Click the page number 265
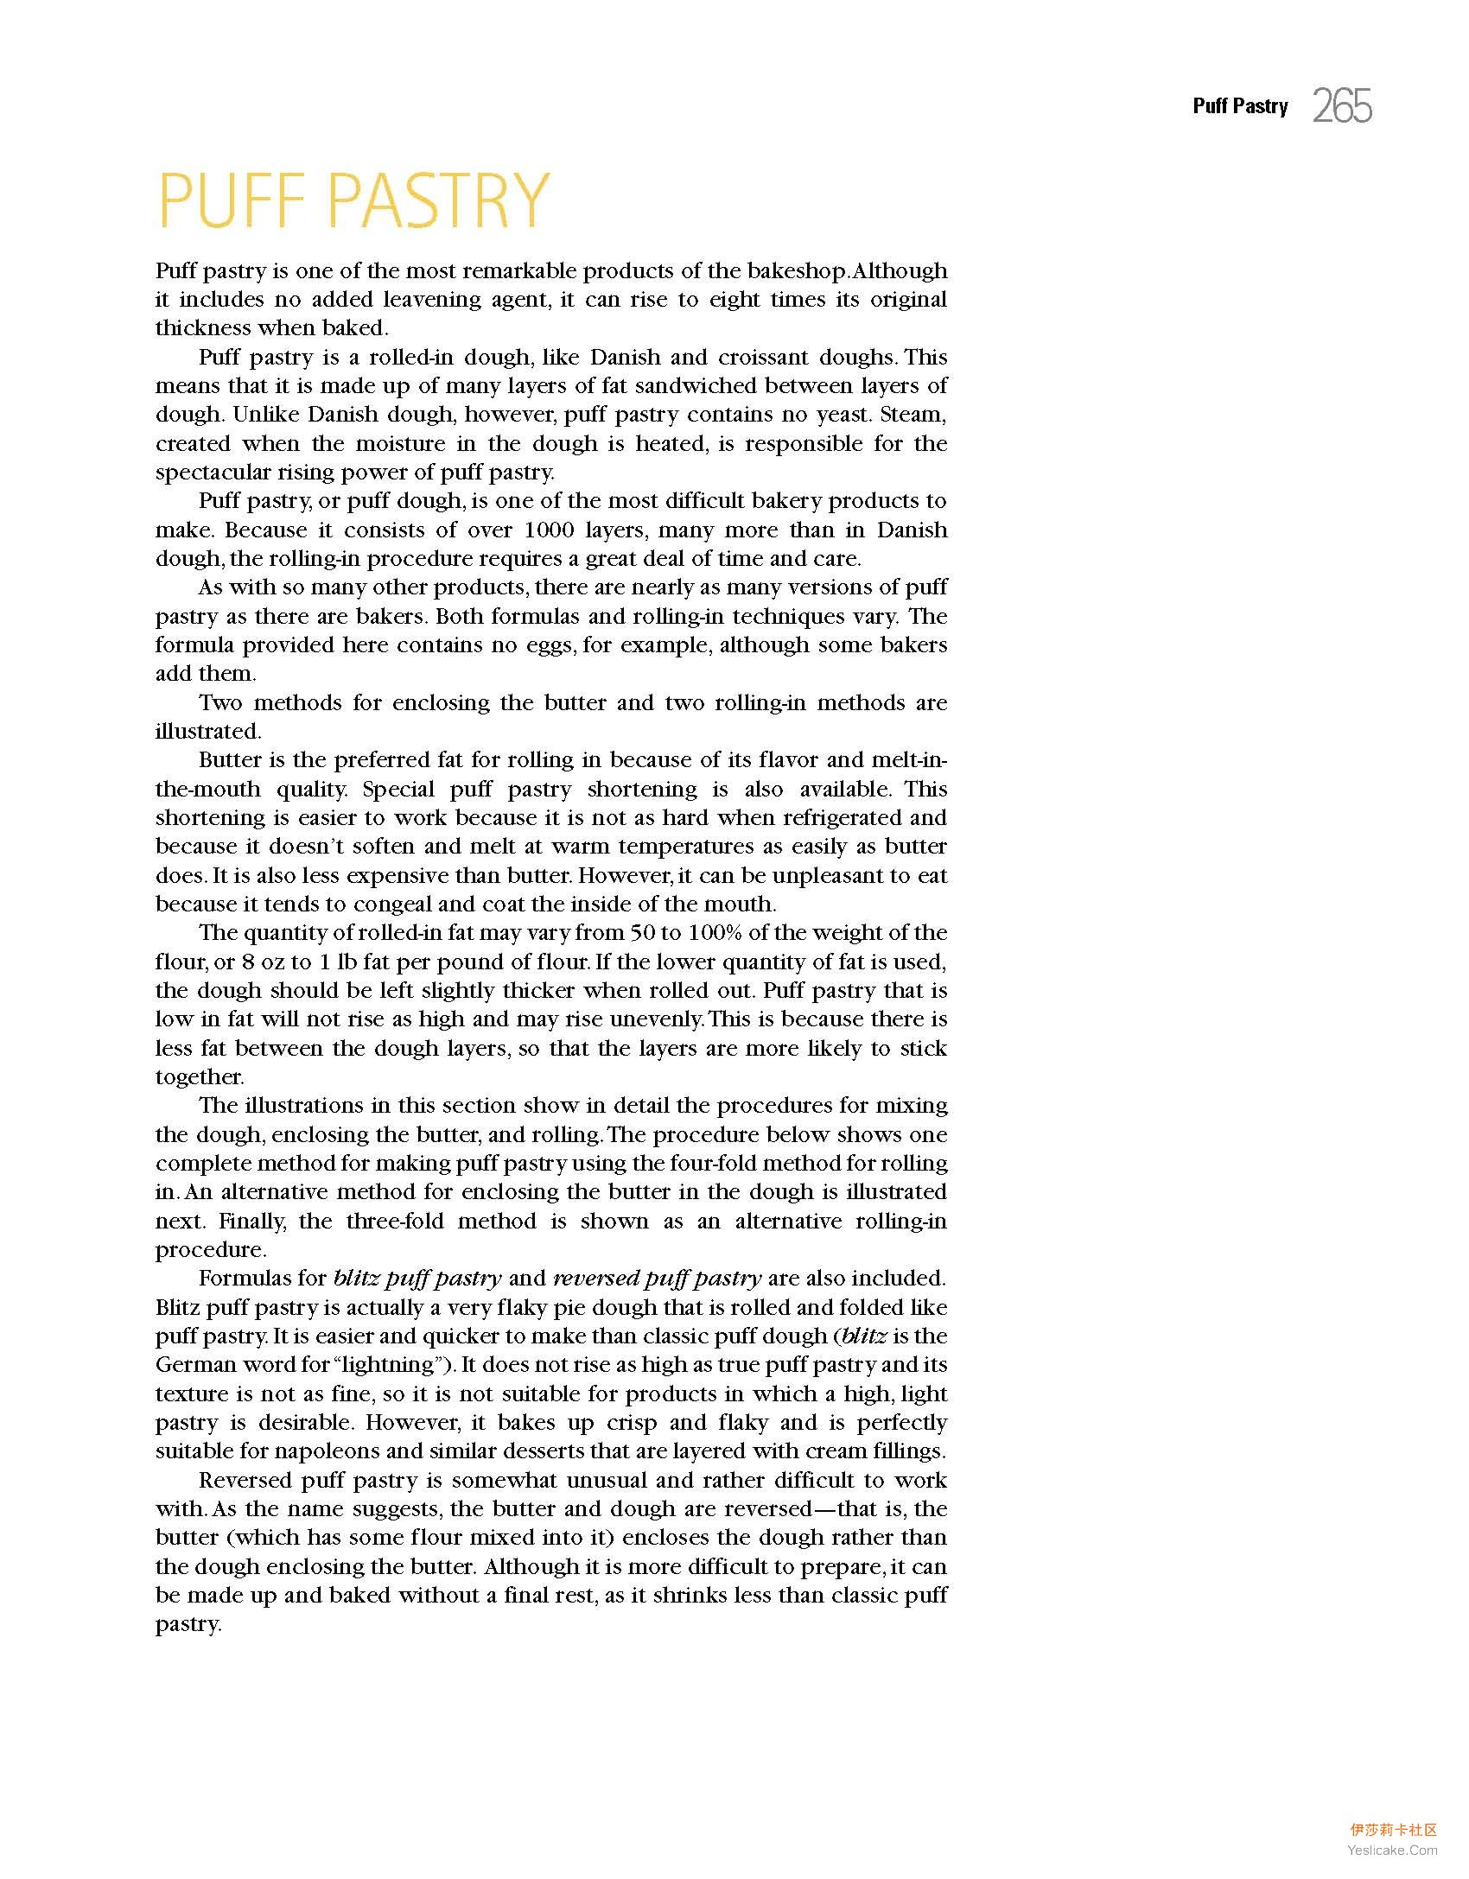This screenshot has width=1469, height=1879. click(x=1342, y=106)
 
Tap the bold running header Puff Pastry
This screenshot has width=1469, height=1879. click(x=1240, y=106)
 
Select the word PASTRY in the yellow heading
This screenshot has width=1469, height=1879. click(x=439, y=200)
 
